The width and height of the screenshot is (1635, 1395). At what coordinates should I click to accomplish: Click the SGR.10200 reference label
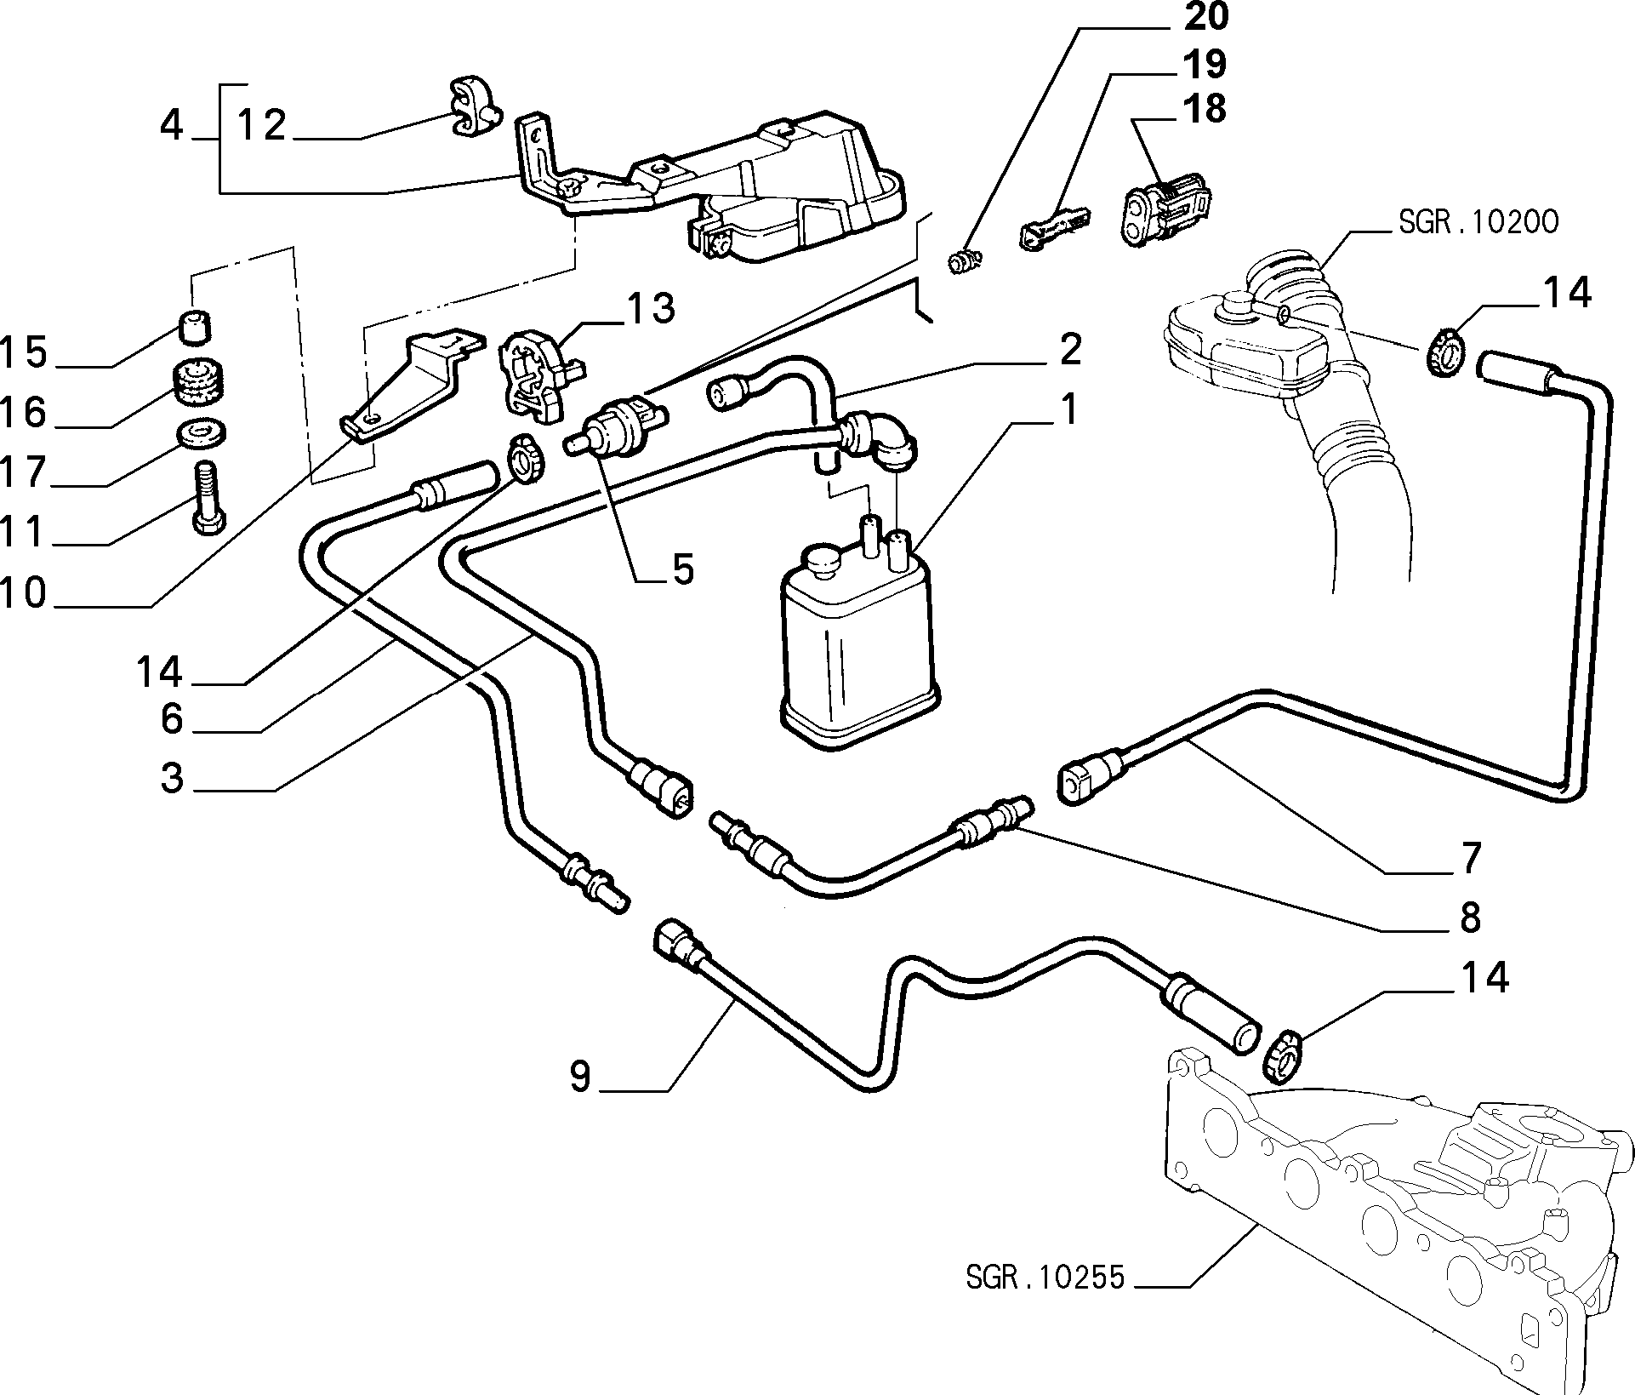[x=1478, y=222]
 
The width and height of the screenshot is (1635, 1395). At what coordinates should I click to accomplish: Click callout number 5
[x=683, y=569]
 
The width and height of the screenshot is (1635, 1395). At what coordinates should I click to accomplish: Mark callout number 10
[x=23, y=592]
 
